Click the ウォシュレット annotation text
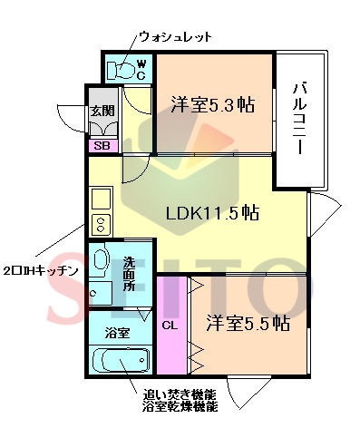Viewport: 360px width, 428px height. pyautogui.click(x=174, y=37)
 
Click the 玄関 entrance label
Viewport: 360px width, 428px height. pyautogui.click(x=100, y=112)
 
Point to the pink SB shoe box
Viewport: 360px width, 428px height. pyautogui.click(x=100, y=144)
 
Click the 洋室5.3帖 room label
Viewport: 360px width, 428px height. pyautogui.click(x=211, y=104)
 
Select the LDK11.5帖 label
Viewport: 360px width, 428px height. pyautogui.click(x=212, y=214)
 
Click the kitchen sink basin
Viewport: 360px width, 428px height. pyautogui.click(x=99, y=198)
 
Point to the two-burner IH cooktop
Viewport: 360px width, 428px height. pyautogui.click(x=99, y=224)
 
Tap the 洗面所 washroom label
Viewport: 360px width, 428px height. pyautogui.click(x=129, y=274)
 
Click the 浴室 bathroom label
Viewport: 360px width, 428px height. pyautogui.click(x=116, y=333)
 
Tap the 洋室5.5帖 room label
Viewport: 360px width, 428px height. pyautogui.click(x=247, y=323)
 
